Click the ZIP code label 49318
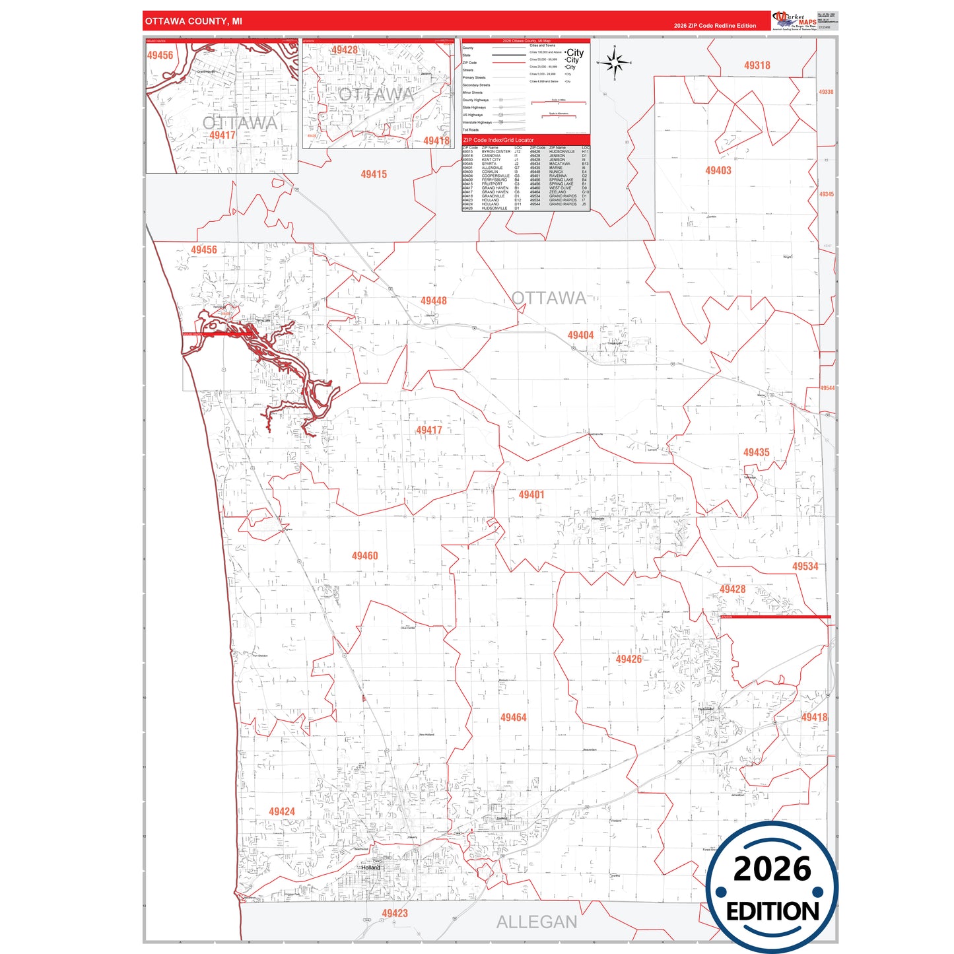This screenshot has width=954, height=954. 757,65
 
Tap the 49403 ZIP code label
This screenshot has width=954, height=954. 718,170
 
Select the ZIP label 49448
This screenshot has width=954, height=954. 433,301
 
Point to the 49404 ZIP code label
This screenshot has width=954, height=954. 580,335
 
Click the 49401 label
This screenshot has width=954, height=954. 531,494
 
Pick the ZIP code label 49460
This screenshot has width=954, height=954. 364,556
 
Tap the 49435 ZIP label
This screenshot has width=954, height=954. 756,452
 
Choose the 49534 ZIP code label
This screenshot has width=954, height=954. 805,566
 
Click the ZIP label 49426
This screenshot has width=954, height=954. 629,659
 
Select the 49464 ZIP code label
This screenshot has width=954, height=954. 513,717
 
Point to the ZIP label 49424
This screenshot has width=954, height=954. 281,811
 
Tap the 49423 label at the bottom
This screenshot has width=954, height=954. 394,913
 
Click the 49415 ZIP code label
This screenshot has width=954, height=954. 374,174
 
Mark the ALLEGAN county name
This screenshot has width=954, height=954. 536,922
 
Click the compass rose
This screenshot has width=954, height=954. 615,63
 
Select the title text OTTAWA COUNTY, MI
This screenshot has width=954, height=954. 193,21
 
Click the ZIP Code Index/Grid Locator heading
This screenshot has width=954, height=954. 498,140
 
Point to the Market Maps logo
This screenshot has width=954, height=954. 794,20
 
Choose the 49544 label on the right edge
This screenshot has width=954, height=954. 827,388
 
